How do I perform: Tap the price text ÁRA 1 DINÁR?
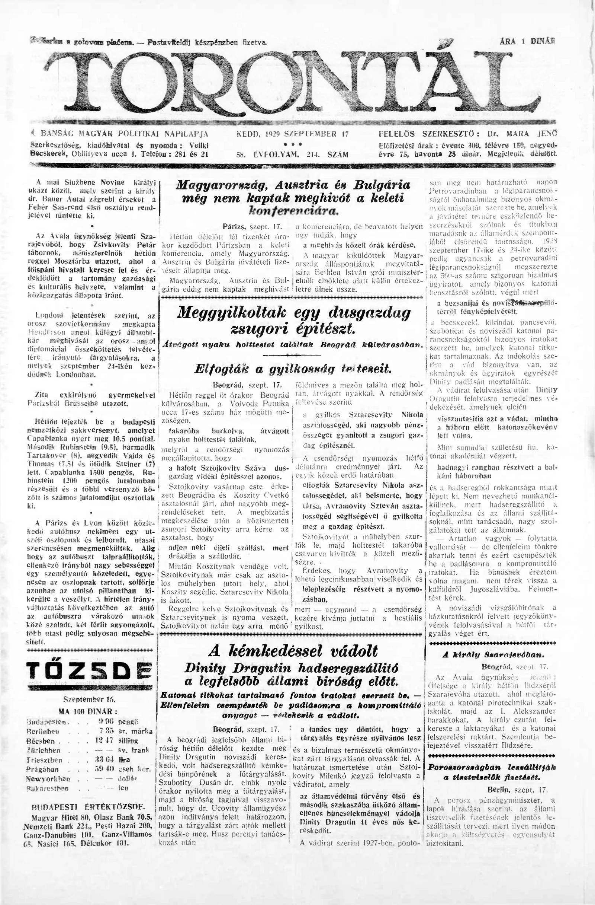click(527, 41)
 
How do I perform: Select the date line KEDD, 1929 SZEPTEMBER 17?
click(292, 134)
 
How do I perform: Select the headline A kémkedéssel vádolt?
click(293, 651)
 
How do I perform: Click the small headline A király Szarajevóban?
click(493, 655)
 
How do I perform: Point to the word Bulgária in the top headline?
click(382, 185)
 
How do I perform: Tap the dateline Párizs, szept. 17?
click(252, 227)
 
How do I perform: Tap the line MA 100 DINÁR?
click(88, 711)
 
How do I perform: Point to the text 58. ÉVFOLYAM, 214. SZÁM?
click(292, 155)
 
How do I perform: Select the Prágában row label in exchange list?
click(43, 769)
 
